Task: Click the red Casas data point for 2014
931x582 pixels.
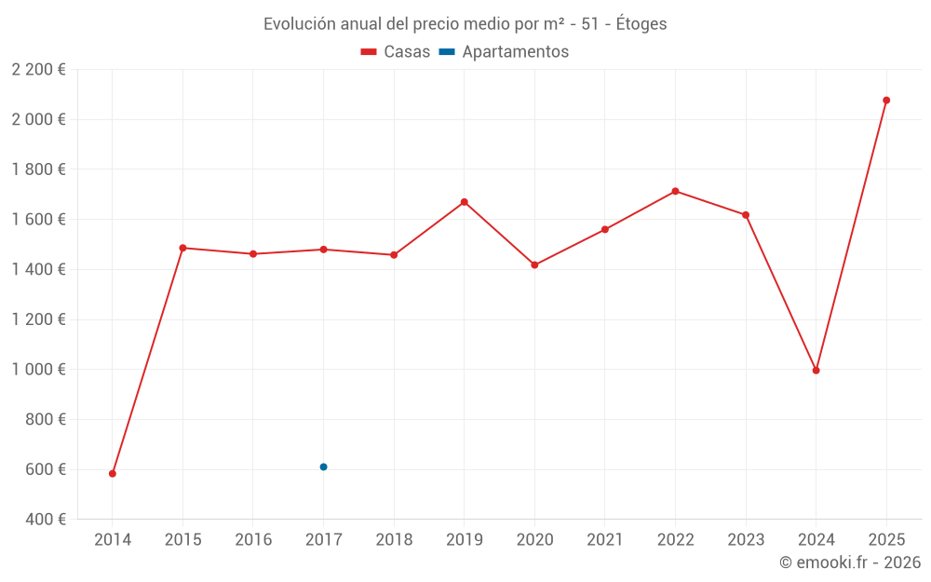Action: tap(113, 473)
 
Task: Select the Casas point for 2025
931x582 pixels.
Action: tap(886, 100)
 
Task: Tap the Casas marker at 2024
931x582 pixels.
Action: tap(816, 370)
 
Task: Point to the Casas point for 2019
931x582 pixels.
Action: tap(464, 202)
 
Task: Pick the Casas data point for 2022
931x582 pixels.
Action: tap(675, 191)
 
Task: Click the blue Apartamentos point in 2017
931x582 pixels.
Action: tap(323, 467)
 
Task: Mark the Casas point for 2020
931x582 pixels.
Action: tap(534, 264)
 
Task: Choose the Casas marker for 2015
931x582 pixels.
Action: tap(182, 248)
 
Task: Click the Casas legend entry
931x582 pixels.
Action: tap(396, 52)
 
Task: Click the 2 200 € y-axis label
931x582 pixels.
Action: tap(38, 69)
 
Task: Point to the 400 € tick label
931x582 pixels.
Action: tap(45, 519)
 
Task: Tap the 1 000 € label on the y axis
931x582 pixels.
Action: tap(38, 369)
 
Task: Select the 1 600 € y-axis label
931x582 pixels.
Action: tap(38, 219)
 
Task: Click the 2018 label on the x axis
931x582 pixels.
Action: tap(394, 539)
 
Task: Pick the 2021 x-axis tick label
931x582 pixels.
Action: tap(604, 539)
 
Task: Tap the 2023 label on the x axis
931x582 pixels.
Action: tap(746, 539)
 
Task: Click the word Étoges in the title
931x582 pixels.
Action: tap(641, 24)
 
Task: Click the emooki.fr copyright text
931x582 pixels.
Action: tap(850, 562)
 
